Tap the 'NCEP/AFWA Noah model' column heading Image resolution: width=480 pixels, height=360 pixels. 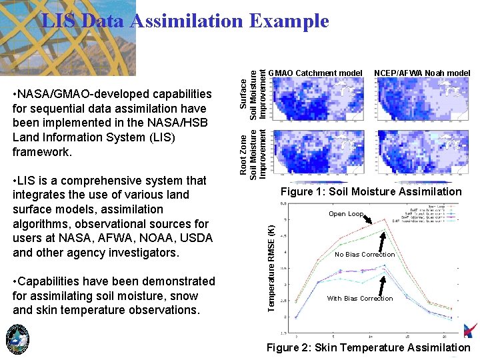[x=422, y=73]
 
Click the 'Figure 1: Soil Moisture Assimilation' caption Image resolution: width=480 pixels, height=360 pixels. [x=372, y=192]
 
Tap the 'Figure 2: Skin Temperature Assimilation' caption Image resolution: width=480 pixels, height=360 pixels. [x=368, y=347]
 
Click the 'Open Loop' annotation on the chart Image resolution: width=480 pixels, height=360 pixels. [x=346, y=214]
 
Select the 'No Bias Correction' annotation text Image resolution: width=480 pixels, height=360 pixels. [x=365, y=255]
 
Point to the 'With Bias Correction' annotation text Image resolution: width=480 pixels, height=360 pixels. [x=360, y=299]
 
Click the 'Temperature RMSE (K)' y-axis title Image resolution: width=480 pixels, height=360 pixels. [x=271, y=267]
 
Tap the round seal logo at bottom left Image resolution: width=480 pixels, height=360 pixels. [x=17, y=340]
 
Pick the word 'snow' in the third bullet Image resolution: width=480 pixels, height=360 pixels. [x=185, y=296]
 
